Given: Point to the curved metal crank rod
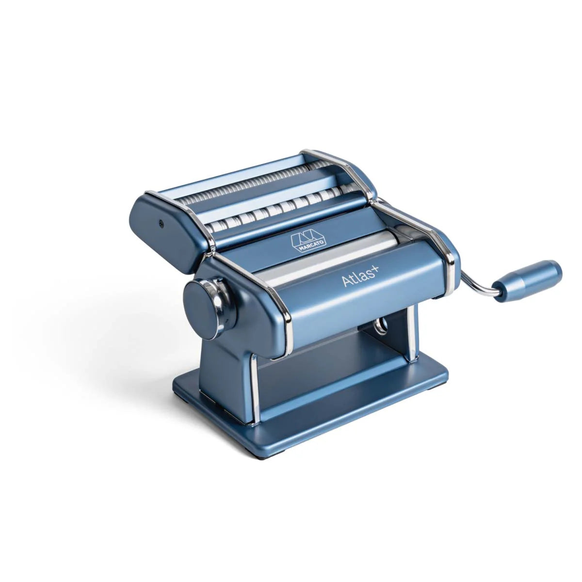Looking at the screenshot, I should pos(478,284).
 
